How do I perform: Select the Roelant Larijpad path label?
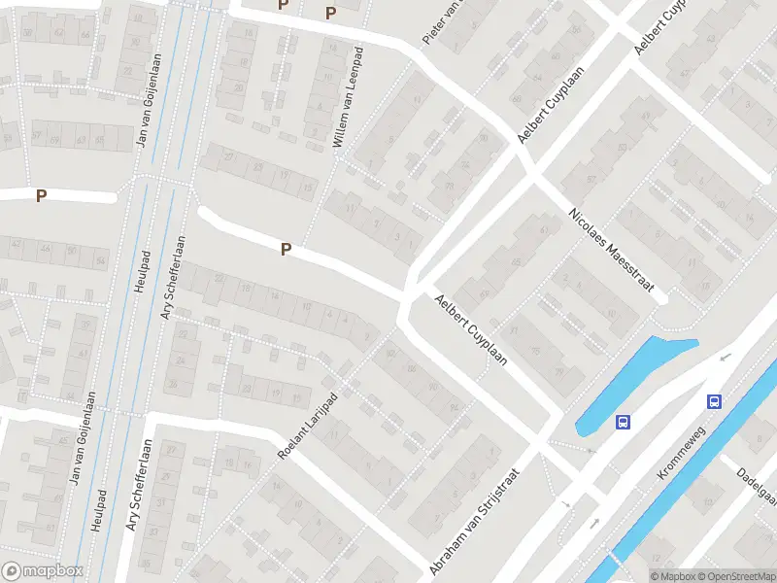tap(307, 428)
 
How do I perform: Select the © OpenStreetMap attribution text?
tap(737, 576)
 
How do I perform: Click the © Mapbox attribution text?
tap(673, 576)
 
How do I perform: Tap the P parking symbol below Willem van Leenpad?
tap(286, 250)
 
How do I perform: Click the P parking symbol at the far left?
tap(41, 196)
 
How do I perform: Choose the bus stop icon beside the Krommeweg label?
tap(714, 401)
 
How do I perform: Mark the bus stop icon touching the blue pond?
tap(623, 422)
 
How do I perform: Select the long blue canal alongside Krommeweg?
tap(680, 486)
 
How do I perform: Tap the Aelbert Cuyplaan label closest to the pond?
tap(472, 329)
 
